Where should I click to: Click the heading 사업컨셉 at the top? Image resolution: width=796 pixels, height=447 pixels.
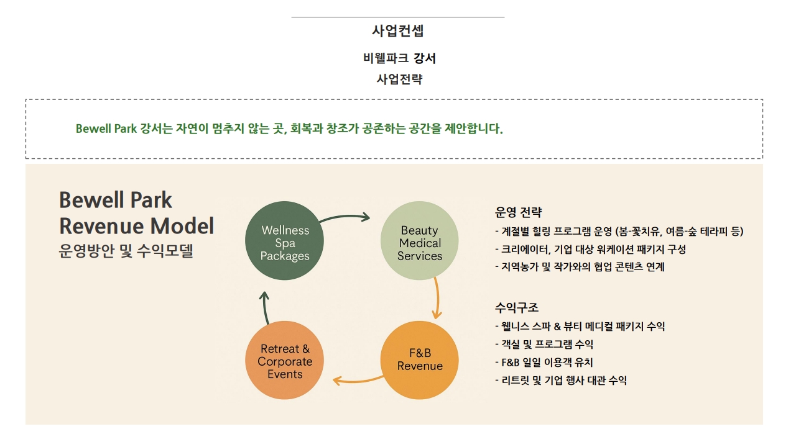coord(397,30)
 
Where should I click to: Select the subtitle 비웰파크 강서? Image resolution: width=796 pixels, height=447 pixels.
coord(399,58)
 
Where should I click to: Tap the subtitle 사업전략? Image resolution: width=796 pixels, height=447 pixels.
coord(399,79)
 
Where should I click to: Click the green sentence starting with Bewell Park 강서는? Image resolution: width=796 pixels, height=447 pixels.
coord(289,129)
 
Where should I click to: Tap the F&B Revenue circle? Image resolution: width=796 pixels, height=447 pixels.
coord(420,359)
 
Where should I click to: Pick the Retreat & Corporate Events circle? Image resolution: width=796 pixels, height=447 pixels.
coord(285,361)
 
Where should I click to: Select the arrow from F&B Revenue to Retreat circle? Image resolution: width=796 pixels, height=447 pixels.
coord(358,379)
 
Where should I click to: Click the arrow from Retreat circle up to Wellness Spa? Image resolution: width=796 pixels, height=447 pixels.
coord(265,307)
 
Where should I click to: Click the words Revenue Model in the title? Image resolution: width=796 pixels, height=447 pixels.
coord(137,226)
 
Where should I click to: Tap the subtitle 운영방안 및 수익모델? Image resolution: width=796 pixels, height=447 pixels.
coord(126,251)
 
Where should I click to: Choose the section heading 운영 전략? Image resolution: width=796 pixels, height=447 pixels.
coord(518,212)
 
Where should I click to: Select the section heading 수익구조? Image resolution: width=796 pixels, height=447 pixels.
coord(517,307)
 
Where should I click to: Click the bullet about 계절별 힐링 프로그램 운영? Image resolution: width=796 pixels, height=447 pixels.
coord(619,232)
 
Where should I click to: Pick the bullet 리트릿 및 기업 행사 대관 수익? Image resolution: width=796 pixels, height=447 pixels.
coord(562,380)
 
